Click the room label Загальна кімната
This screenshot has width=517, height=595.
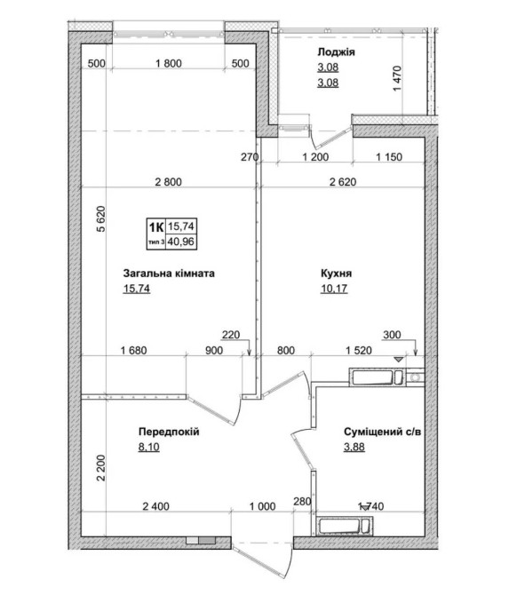169,274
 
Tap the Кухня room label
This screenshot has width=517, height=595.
336,274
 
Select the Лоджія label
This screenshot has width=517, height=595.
336,52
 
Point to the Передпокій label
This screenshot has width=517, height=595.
169,432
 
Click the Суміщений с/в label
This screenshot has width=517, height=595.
382,432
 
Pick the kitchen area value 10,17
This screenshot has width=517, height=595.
334,289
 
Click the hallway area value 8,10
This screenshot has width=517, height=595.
149,447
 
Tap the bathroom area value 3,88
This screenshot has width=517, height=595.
354,447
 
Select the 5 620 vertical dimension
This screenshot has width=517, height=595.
100,219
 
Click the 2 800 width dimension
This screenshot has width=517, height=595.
169,182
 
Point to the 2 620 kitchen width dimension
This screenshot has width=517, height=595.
343,182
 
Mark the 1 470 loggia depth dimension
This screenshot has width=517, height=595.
397,78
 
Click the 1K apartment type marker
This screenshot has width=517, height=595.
156,227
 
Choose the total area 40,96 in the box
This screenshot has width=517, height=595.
181,242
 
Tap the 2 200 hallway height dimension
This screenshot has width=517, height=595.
100,468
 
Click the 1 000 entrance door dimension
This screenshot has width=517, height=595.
262,506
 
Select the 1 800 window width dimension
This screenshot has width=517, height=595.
169,63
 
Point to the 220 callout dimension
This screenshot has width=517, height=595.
231,335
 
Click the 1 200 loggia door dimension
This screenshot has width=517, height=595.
315,156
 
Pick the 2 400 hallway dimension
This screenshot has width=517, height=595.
155,506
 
